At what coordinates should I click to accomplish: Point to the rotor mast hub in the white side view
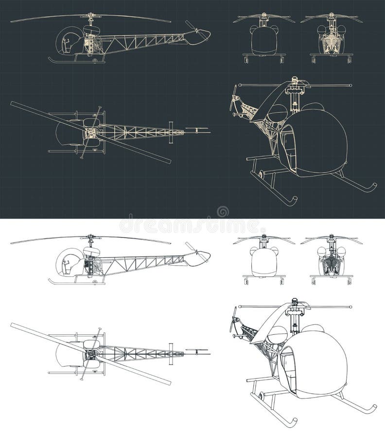(90, 241)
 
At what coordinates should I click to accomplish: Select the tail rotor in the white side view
(192, 248)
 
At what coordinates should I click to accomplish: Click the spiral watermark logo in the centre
(223, 212)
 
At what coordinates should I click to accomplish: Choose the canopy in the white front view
(263, 262)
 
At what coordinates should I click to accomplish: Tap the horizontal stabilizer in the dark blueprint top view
(171, 131)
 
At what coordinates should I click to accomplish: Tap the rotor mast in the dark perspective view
(295, 97)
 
